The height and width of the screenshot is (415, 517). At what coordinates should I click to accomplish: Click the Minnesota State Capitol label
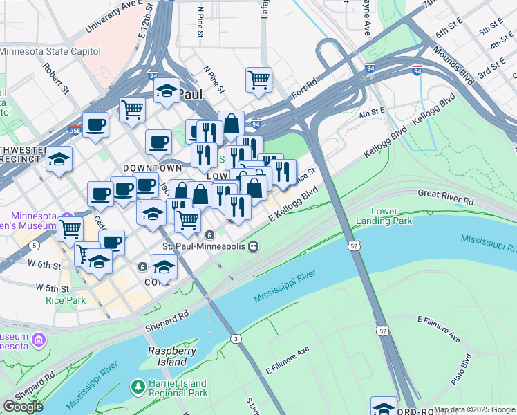pos(50,52)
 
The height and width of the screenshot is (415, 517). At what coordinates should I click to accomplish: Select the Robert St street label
pos(55,79)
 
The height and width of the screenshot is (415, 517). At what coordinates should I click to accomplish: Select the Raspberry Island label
pos(168,356)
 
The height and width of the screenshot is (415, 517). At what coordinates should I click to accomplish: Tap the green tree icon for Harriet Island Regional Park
pos(139,385)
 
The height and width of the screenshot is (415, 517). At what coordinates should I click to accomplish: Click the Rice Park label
pos(66,300)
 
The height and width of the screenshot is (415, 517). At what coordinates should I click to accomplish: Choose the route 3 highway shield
pos(236,338)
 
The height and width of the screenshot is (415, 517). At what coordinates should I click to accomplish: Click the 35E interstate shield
pos(75,129)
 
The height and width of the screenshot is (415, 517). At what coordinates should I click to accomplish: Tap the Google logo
pos(23,407)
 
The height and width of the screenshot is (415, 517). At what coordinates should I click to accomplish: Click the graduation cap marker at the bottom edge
pos(384,407)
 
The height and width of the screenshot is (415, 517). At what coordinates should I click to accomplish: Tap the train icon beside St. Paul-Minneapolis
pos(254,246)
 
